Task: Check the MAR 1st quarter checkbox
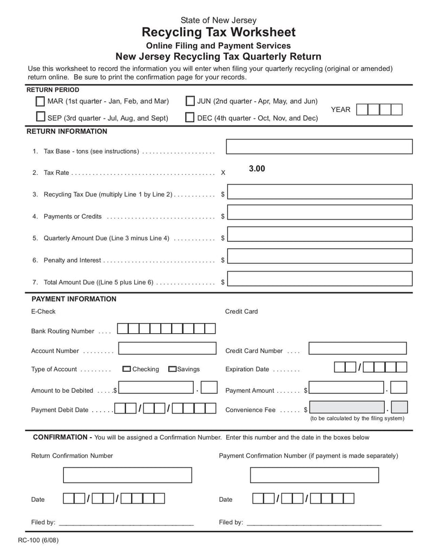[x=41, y=101]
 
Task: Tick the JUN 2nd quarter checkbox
[x=190, y=101]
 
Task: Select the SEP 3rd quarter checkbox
[x=41, y=117]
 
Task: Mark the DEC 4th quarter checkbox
[x=190, y=117]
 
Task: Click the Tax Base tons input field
[x=319, y=147]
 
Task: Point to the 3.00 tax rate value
[x=257, y=169]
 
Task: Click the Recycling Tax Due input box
[x=319, y=192]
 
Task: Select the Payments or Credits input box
[x=319, y=213]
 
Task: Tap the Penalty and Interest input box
[x=319, y=256]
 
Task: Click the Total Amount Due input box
[x=319, y=278]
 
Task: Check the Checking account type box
[x=127, y=369]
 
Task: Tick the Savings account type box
[x=172, y=369]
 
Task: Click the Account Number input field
[x=167, y=348]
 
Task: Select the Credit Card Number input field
[x=357, y=348]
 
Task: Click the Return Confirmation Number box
[x=127, y=475]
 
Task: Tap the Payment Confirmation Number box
[x=314, y=475]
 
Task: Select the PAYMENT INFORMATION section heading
[x=74, y=299]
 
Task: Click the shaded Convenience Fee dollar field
[x=347, y=407]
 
